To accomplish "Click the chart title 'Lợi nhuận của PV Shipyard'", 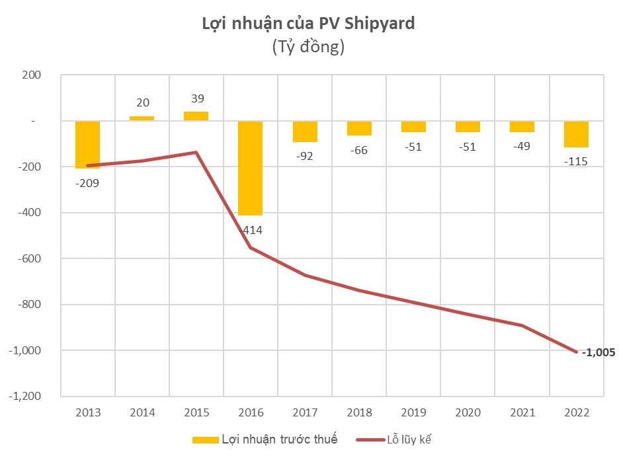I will coord(308,24).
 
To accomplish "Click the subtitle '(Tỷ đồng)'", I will coord(308,48).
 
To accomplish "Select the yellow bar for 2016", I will coord(251,168).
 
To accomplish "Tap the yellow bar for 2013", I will coord(88,145).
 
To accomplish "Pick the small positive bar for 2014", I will coord(142,118).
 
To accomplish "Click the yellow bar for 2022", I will coord(576,134).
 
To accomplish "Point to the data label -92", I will coord(306,157).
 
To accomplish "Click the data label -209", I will coord(86,184).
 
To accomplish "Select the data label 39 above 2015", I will coord(196,98).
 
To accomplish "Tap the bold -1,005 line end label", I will coord(598,352).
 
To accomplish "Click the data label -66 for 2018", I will coord(360,150).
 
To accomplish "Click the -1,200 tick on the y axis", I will coord(26,397).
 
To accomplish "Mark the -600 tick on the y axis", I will coord(29,259).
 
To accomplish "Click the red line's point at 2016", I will coord(251,248).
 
